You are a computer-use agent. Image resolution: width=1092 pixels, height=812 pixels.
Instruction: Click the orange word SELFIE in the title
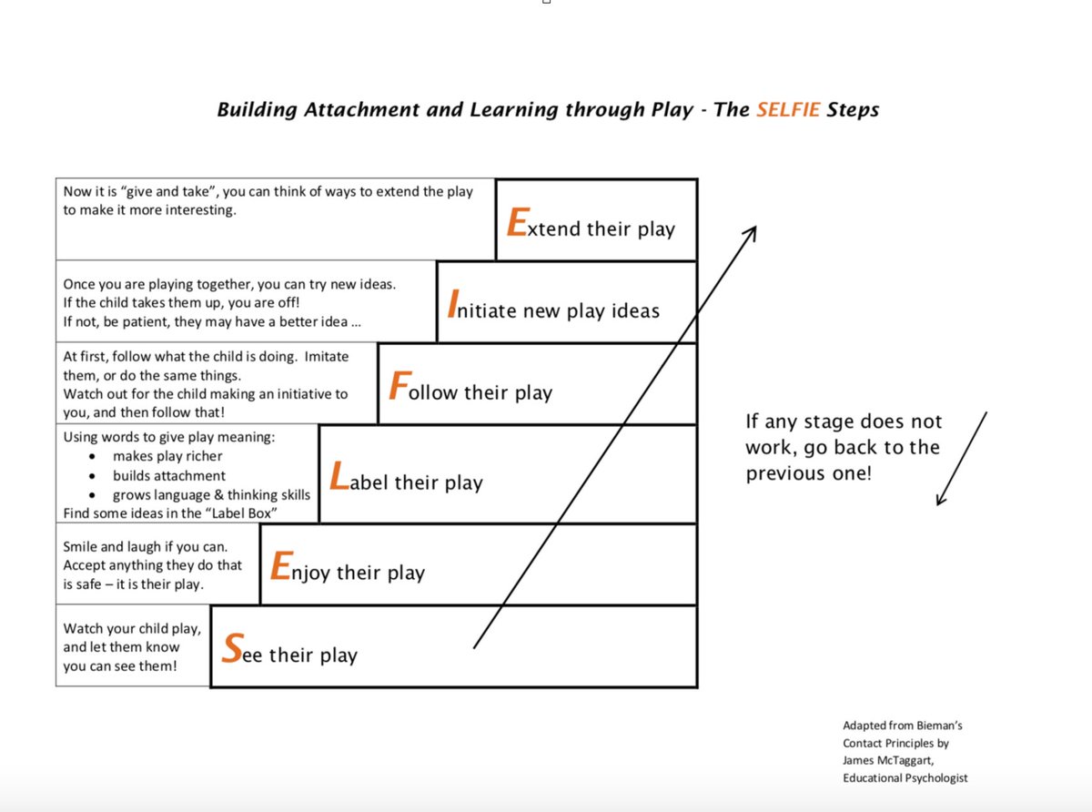click(788, 110)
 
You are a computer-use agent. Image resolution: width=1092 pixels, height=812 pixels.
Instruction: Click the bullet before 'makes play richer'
click(95, 456)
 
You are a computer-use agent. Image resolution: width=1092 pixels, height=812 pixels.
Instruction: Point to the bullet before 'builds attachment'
click(95, 476)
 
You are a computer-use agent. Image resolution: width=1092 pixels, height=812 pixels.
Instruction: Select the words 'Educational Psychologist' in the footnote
click(905, 777)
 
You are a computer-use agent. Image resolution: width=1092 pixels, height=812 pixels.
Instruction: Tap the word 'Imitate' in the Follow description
click(327, 356)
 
